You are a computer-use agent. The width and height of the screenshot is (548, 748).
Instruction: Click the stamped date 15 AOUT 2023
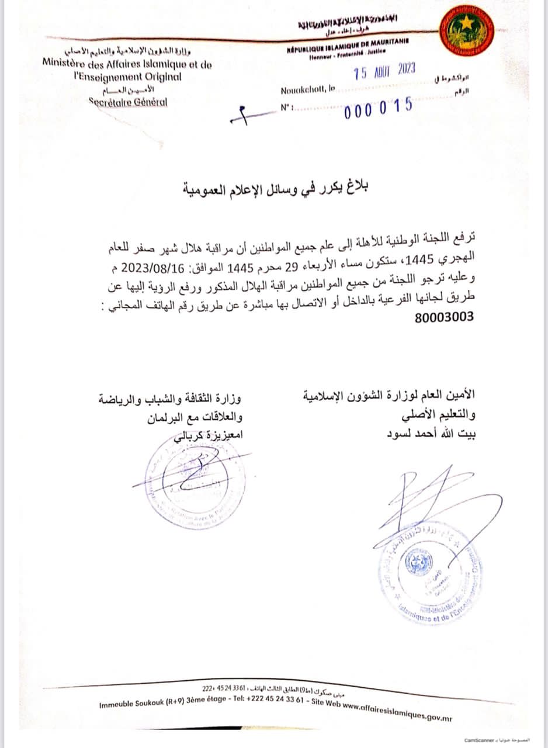click(385, 71)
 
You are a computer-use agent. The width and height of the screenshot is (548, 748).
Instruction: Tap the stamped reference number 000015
click(379, 107)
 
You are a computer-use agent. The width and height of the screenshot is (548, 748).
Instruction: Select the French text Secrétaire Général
click(127, 102)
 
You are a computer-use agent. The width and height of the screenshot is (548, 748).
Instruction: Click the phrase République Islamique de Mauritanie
click(348, 51)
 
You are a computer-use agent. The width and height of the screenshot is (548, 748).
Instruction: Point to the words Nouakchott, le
click(307, 91)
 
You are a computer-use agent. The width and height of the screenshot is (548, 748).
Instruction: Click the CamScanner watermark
click(480, 739)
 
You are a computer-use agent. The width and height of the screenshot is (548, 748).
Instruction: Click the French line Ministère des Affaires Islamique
click(127, 65)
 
